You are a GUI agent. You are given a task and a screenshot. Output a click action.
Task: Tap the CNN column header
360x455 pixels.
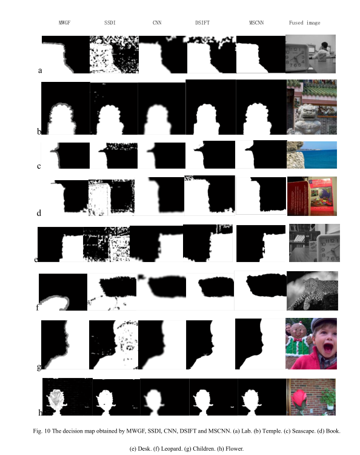(156, 22)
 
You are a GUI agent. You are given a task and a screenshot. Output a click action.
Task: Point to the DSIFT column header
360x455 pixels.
(203, 22)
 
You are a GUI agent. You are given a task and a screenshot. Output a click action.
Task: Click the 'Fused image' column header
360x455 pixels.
(305, 22)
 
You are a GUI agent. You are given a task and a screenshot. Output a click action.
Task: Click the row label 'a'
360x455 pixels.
(40, 70)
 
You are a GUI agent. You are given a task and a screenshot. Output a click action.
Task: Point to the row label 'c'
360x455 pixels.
(39, 166)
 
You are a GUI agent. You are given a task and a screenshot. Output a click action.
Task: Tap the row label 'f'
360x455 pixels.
(38, 308)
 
